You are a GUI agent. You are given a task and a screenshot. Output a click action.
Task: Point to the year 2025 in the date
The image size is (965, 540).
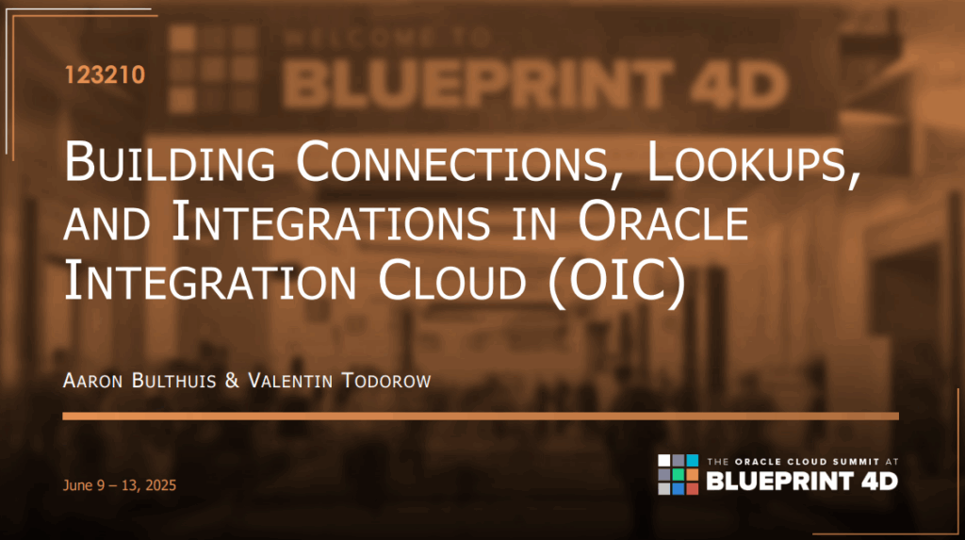click(x=157, y=485)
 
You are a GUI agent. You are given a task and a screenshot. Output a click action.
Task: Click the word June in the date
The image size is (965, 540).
click(x=78, y=485)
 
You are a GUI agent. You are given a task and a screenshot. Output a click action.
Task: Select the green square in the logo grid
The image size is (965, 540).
click(x=679, y=474)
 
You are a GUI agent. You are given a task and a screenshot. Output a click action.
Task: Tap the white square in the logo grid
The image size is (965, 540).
click(x=665, y=461)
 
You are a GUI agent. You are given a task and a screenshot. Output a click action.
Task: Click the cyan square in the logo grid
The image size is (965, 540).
click(x=692, y=461)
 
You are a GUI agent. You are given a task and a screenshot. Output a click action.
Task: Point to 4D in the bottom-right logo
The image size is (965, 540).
click(x=876, y=481)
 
